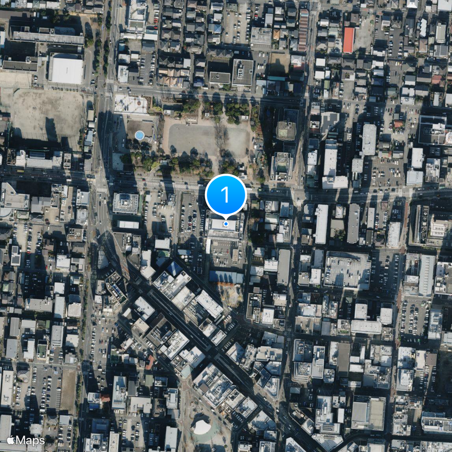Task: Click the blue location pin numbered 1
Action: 225,195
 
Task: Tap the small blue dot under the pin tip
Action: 226,224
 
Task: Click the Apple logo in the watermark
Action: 10,440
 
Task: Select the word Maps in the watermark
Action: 31,440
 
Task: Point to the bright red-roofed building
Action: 349,40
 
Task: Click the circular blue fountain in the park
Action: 139,135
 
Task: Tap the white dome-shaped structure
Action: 202,427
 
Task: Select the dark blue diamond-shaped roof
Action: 173,268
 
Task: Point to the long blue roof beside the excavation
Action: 225,277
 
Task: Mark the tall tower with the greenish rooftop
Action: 286,131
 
